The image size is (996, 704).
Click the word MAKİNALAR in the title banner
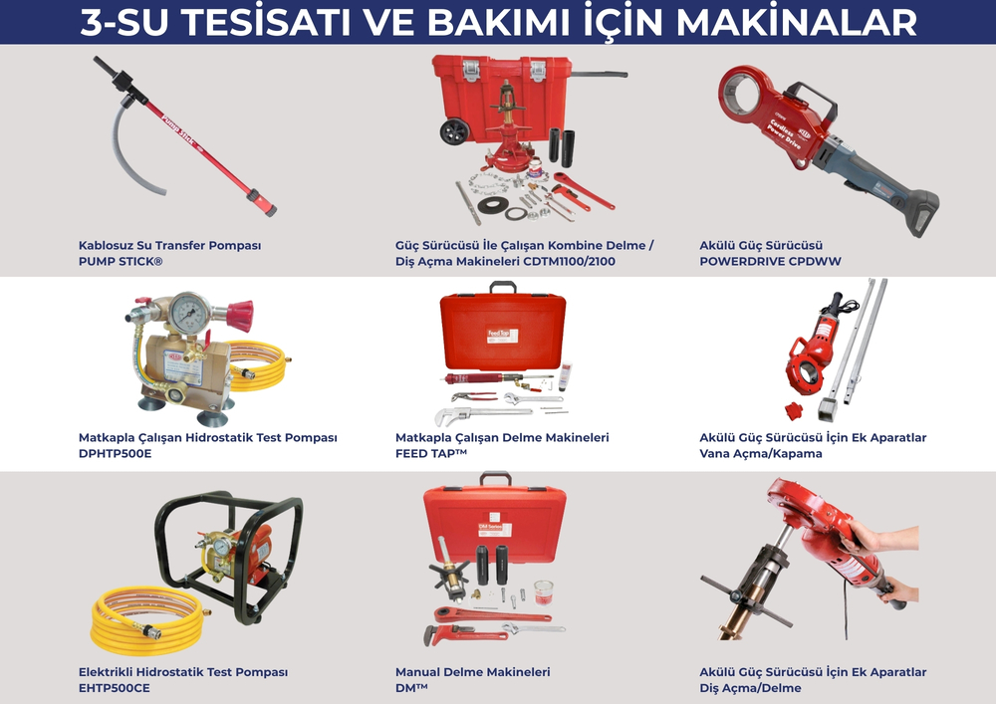tap(797, 22)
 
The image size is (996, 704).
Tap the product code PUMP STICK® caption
tap(121, 262)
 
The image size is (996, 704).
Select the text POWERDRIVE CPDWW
tap(770, 262)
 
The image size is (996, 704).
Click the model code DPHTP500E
tap(115, 454)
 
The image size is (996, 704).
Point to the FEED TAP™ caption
tap(430, 454)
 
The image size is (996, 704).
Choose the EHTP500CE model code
tap(115, 688)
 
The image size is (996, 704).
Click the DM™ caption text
tap(411, 688)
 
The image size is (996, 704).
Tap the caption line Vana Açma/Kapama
tap(761, 454)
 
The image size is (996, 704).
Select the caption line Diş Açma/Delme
tap(750, 688)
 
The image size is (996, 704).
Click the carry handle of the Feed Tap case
tap(502, 287)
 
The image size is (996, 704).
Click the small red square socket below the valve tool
tap(794, 410)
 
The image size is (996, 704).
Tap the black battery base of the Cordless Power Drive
tap(919, 213)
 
